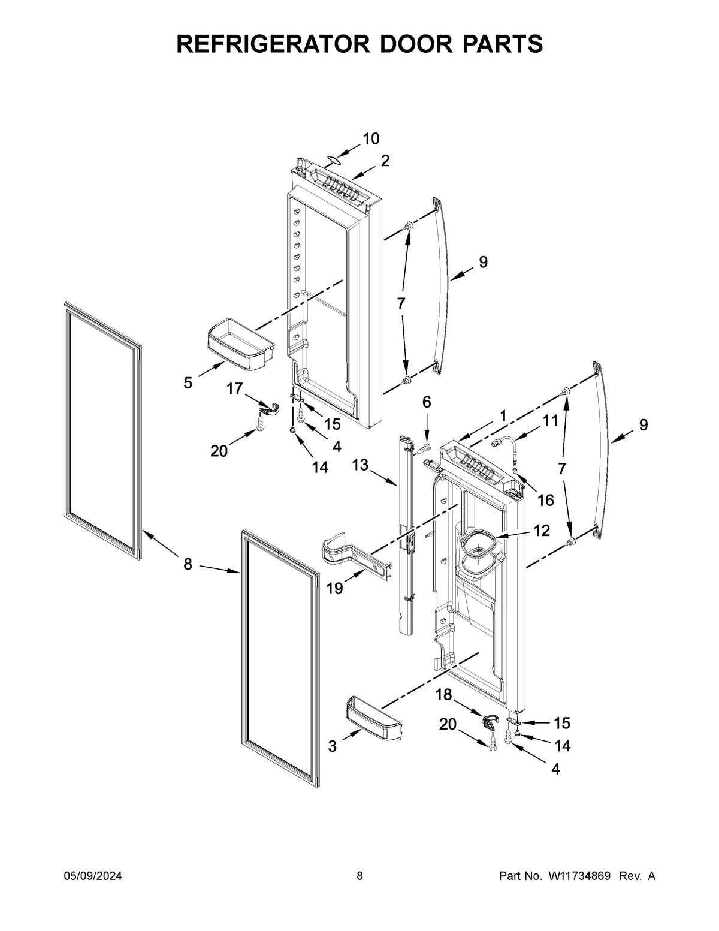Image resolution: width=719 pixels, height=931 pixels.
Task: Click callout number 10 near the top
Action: pyautogui.click(x=371, y=139)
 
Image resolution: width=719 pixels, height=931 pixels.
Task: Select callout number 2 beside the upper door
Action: pyautogui.click(x=385, y=160)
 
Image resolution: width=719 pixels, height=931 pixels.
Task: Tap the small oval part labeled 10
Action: pyautogui.click(x=333, y=160)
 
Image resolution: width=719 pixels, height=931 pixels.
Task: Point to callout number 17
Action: pyautogui.click(x=234, y=389)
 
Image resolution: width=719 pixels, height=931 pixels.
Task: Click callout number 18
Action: pyautogui.click(x=443, y=695)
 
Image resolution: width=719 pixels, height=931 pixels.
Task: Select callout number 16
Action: pyautogui.click(x=545, y=499)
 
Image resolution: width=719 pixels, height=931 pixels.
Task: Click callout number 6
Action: pyautogui.click(x=427, y=402)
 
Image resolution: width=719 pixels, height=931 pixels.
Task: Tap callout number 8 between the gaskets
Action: pyautogui.click(x=188, y=564)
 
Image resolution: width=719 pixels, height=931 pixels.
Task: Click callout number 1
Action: pyautogui.click(x=503, y=415)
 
